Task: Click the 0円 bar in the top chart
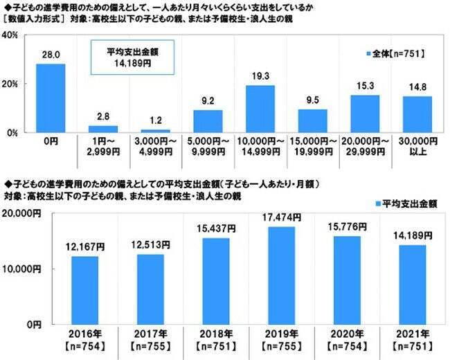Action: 51,98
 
